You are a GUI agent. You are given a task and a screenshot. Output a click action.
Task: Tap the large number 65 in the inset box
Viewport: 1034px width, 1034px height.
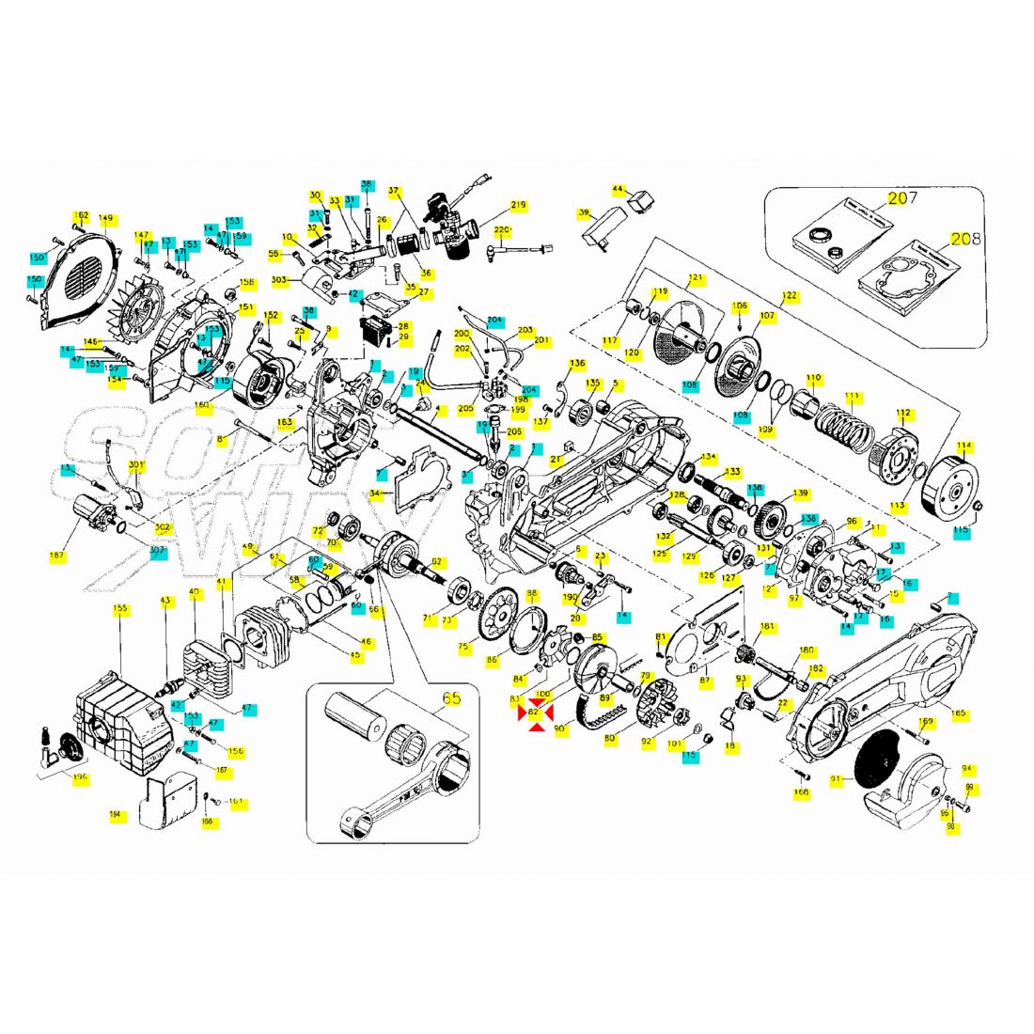[x=451, y=698]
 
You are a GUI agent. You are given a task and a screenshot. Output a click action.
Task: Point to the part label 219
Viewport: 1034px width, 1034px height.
[x=519, y=205]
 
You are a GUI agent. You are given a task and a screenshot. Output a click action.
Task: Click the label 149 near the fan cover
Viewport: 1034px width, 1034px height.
[x=105, y=219]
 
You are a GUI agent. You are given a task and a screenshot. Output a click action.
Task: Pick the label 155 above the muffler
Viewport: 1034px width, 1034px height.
[x=120, y=608]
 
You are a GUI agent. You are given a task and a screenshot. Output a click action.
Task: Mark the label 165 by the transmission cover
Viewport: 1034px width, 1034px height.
[x=958, y=713]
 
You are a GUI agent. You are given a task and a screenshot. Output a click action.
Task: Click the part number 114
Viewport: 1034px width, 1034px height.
[x=963, y=446]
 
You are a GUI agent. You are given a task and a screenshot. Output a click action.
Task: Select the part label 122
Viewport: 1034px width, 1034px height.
[x=790, y=296]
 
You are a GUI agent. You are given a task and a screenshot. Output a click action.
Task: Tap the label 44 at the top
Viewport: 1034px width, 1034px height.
[x=619, y=189]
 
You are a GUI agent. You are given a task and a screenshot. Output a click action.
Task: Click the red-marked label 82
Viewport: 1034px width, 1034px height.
[x=534, y=712]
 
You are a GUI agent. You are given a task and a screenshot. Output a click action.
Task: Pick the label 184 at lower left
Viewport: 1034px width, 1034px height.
[x=116, y=815]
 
